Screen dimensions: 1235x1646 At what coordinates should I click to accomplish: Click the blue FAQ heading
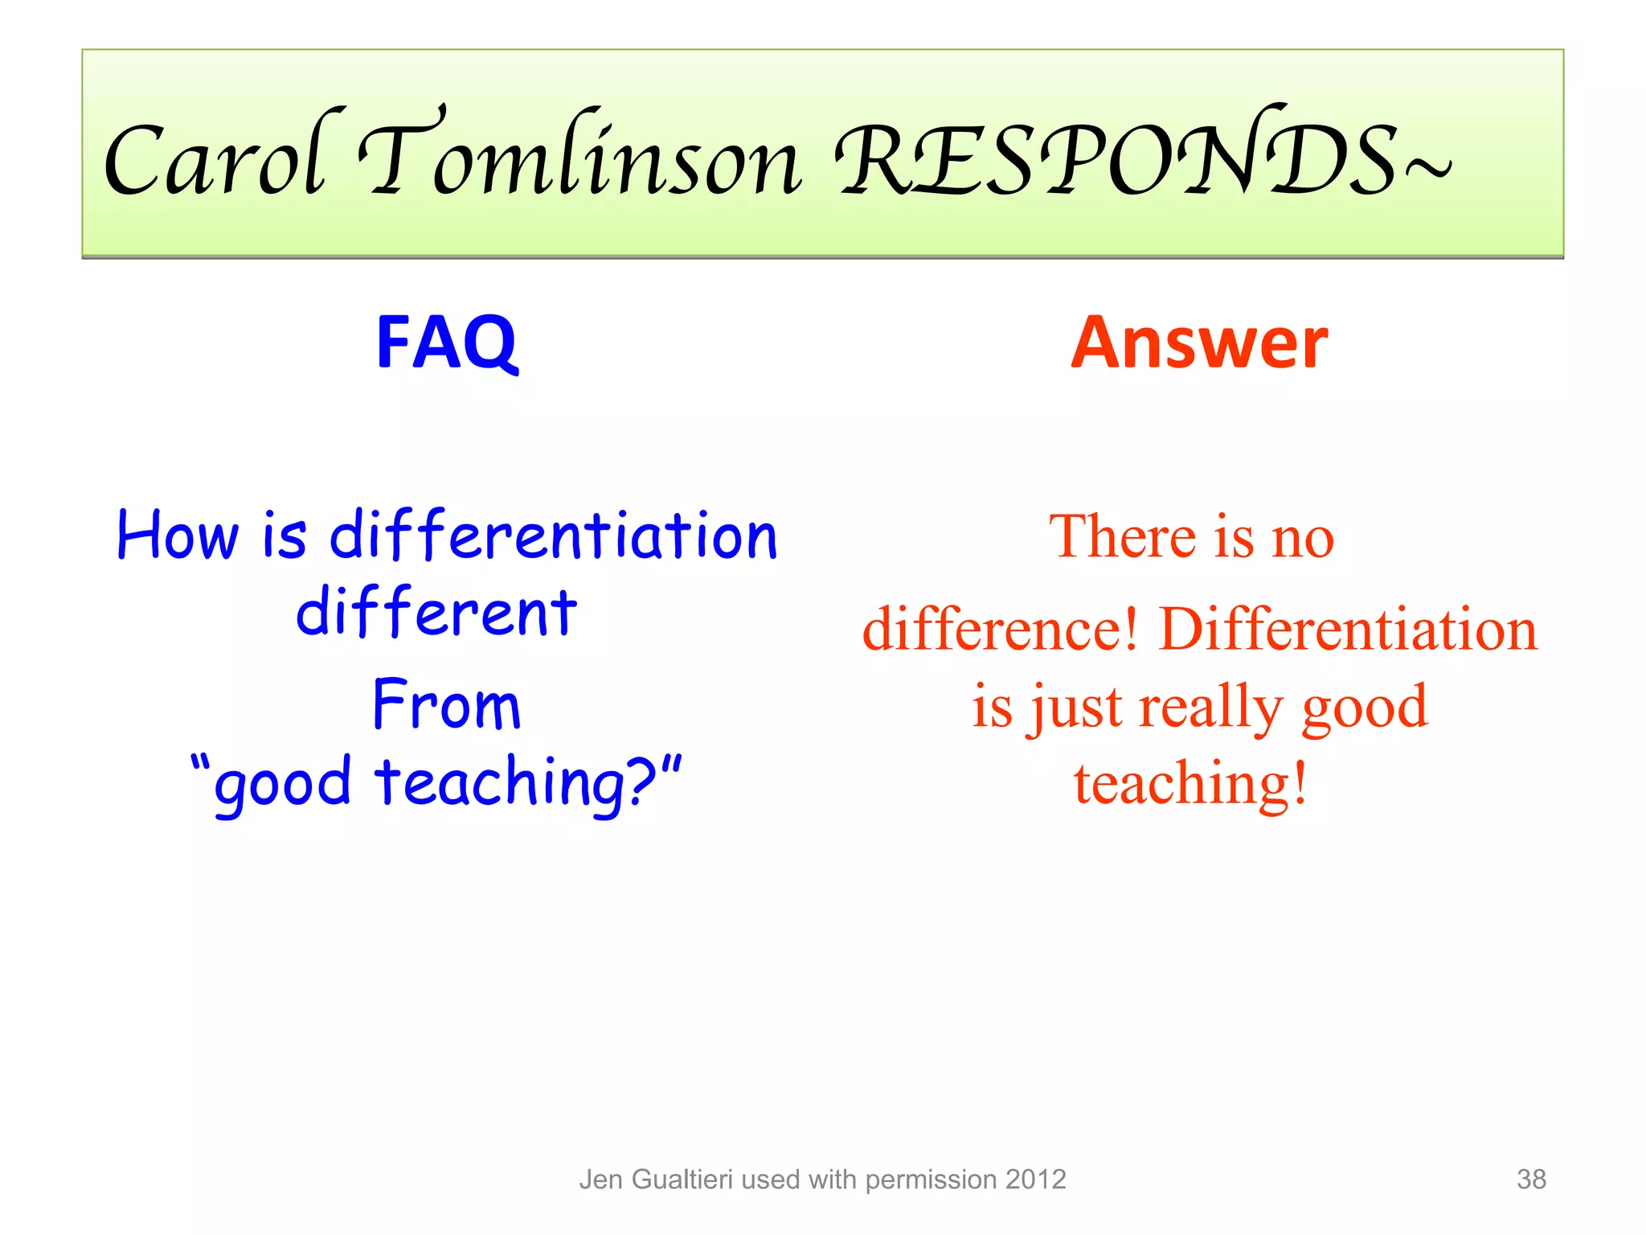coord(447,344)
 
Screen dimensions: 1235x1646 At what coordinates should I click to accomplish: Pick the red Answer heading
coord(1199,344)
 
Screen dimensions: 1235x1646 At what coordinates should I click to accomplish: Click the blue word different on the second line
coord(436,613)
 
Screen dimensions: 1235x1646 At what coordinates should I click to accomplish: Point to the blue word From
coord(447,706)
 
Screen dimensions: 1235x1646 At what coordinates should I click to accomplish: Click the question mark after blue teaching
coord(643,782)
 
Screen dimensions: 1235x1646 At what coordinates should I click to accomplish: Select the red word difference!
coord(1000,630)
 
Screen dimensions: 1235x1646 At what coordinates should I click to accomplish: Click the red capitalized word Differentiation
coord(1348,630)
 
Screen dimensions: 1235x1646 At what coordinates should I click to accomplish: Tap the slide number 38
coord(1530,1180)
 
